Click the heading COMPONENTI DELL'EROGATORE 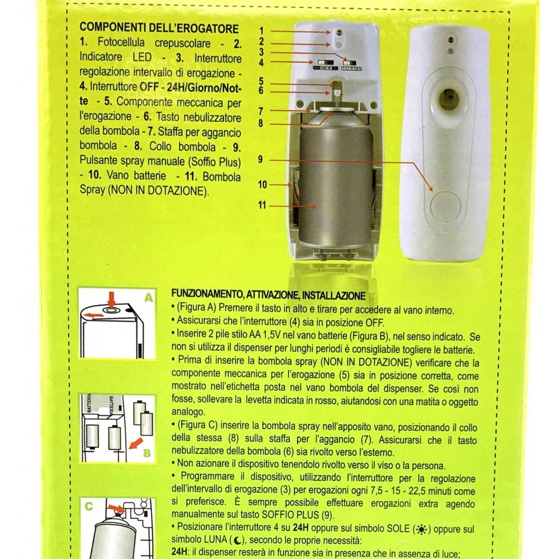159,28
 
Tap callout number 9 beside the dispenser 260,159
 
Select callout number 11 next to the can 262,205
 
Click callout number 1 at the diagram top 261,31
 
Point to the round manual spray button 445,206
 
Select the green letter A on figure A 148,298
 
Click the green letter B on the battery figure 146,453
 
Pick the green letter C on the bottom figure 89,506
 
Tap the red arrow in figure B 136,443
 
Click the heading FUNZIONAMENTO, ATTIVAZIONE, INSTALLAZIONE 269,295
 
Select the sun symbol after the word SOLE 421,530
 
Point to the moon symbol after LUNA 236,540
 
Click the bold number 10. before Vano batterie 95,175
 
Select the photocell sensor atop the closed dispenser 451,39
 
